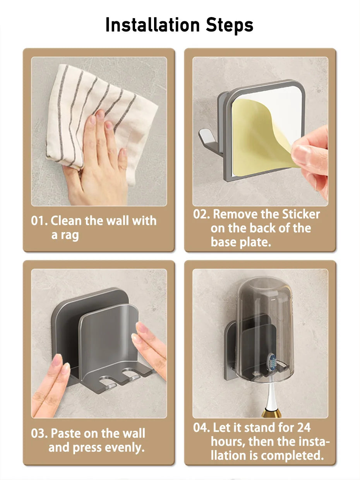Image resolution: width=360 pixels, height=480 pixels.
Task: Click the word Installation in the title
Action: click(153, 25)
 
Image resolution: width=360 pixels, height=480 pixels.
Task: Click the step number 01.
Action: click(39, 221)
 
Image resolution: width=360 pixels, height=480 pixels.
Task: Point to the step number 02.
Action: click(201, 214)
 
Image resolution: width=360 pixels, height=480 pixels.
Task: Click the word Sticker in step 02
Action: click(301, 214)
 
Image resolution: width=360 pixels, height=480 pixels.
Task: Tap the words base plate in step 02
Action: click(241, 242)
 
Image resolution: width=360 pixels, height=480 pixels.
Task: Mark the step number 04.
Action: click(201, 428)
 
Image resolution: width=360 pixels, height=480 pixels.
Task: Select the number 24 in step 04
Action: click(303, 428)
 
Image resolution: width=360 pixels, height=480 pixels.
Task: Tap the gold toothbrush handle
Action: click(271, 413)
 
